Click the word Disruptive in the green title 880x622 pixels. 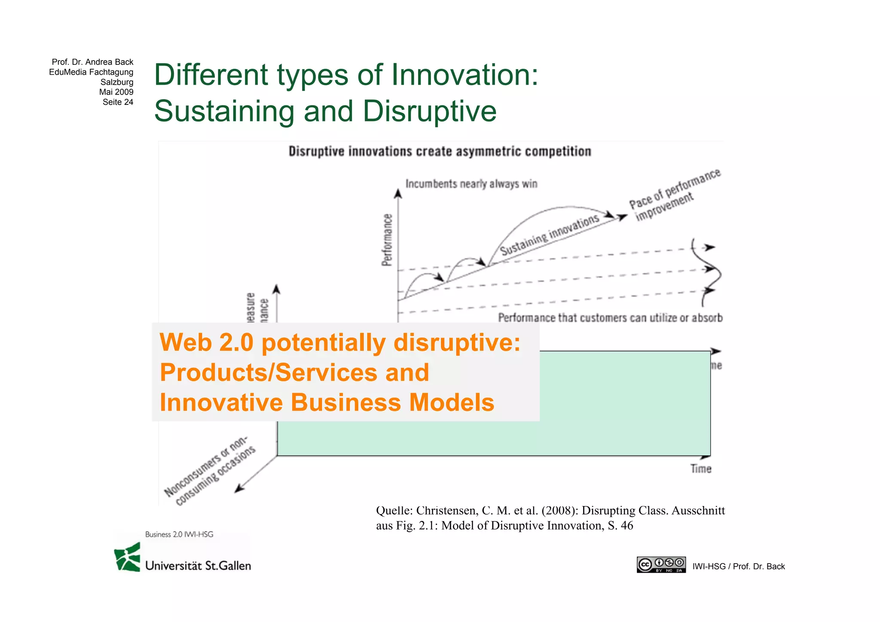429,111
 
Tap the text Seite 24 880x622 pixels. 118,102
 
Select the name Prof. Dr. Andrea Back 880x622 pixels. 92,62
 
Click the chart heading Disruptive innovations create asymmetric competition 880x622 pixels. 440,152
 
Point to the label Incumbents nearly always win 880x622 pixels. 471,184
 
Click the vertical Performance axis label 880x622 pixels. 387,240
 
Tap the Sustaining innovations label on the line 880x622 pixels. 550,235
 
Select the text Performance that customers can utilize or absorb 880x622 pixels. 610,318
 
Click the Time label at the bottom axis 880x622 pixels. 701,469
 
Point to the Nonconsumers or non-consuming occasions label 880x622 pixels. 211,471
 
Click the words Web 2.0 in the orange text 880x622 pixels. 206,343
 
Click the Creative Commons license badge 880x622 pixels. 661,565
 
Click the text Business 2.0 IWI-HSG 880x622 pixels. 179,534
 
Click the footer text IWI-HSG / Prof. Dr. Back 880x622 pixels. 738,567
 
